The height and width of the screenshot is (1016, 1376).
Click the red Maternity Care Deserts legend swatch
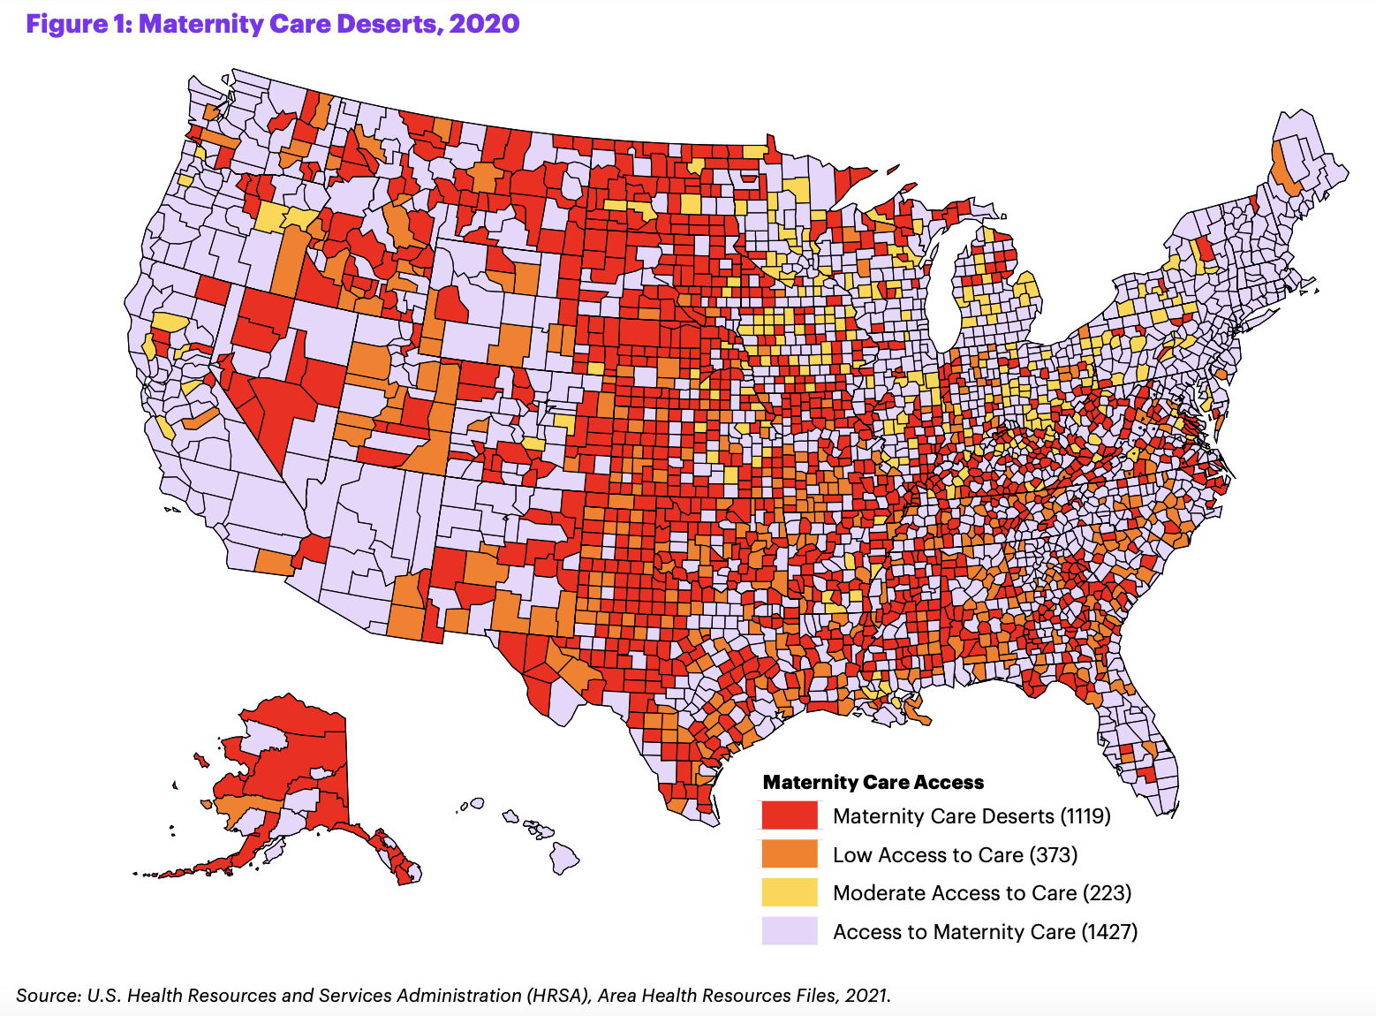point(790,815)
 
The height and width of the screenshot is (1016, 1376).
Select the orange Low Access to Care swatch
point(790,854)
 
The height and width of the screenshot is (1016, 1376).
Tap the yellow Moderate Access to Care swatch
point(790,892)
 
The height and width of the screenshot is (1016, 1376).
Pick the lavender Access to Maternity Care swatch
point(790,931)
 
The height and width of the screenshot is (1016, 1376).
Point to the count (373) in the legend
point(1054,854)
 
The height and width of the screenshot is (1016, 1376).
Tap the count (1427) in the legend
point(1109,931)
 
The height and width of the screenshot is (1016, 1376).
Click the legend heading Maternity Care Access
point(873,782)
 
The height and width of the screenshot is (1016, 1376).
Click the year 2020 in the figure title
point(484,24)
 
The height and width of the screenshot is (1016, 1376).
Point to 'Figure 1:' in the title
point(79,24)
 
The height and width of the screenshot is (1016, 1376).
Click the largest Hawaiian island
point(564,855)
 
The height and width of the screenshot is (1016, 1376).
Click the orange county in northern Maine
point(1283,168)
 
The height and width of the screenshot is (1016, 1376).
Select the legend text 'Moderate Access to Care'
point(954,892)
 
